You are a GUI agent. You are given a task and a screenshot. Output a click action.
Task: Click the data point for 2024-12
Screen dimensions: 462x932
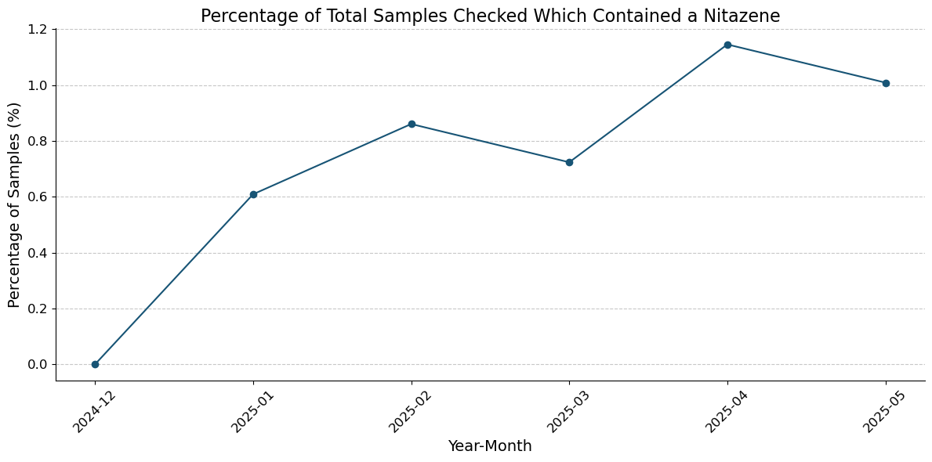tap(95, 364)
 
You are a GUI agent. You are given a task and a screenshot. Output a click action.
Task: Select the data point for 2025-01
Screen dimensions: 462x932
tap(253, 194)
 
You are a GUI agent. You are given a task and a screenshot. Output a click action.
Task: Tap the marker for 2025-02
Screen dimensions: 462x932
tap(412, 125)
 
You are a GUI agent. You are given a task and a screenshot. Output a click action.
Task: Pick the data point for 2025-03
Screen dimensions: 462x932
tap(569, 162)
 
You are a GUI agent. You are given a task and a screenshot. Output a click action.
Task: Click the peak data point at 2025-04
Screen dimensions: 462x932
tap(727, 45)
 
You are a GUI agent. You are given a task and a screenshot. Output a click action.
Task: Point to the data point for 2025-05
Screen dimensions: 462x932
tap(886, 83)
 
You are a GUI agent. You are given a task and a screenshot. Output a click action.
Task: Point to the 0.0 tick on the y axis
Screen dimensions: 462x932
tap(38, 365)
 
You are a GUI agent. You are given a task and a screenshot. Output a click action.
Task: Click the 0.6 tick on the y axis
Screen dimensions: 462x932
tap(38, 197)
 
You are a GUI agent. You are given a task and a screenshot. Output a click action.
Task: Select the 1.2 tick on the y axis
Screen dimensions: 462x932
tap(38, 30)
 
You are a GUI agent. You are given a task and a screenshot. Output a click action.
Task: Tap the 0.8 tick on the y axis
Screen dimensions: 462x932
tap(38, 142)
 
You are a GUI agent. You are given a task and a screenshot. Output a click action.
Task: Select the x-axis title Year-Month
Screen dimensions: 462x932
tap(490, 446)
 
